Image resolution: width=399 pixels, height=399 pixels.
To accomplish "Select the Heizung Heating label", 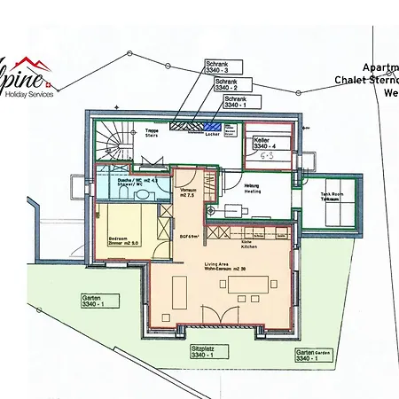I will [253, 187].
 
